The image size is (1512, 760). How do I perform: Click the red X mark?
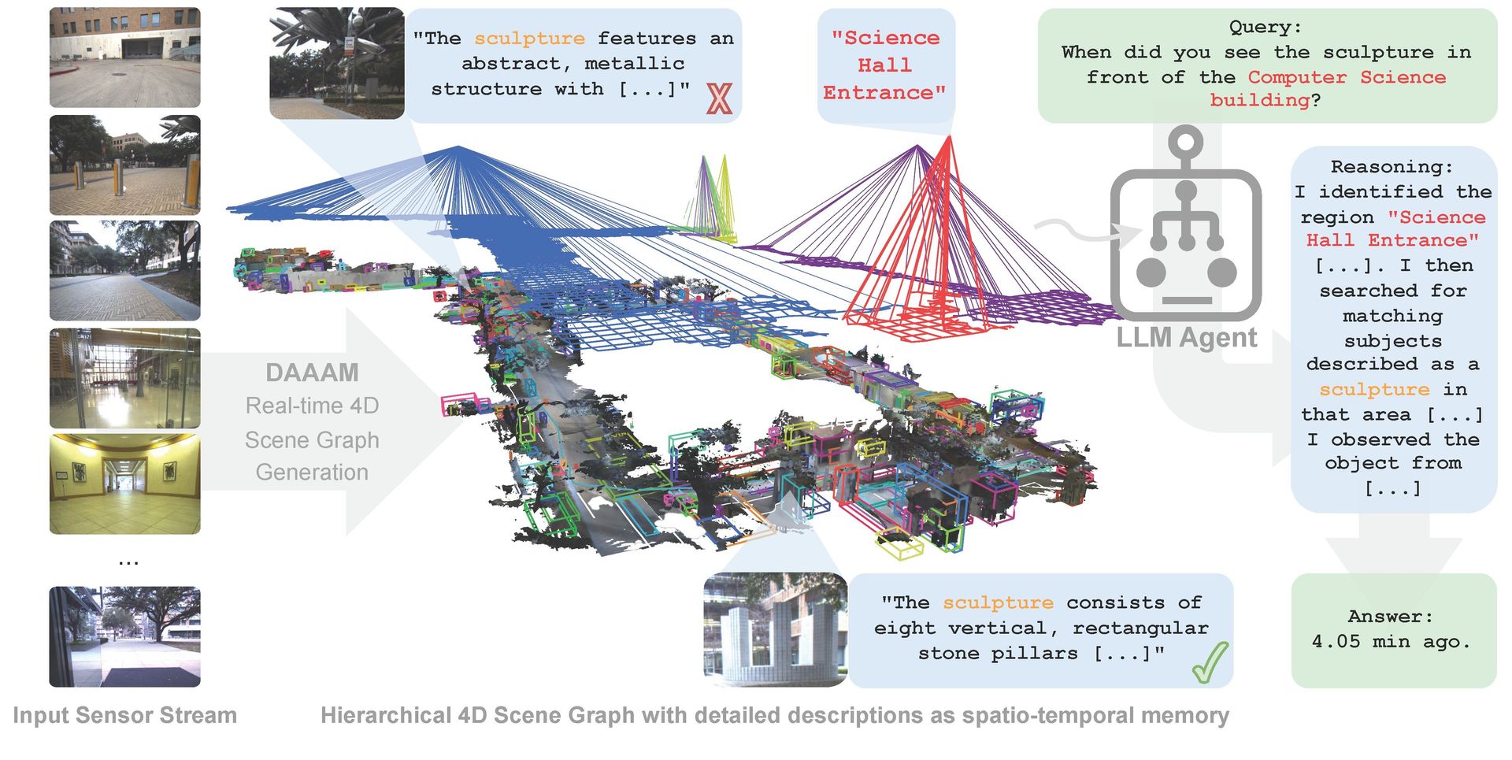[x=718, y=98]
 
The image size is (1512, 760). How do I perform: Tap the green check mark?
[x=1210, y=662]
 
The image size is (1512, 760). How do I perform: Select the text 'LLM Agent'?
[x=1186, y=338]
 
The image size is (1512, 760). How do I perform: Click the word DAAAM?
[x=312, y=373]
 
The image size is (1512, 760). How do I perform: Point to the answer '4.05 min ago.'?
[x=1392, y=642]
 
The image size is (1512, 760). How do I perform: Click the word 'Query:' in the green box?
[x=1266, y=27]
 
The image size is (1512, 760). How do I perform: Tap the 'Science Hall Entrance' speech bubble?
[x=885, y=65]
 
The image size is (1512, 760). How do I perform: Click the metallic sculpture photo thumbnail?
[x=337, y=63]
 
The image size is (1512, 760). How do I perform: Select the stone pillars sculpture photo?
[x=775, y=628]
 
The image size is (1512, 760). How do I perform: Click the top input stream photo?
[x=125, y=57]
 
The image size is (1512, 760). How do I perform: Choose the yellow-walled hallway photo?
[x=125, y=484]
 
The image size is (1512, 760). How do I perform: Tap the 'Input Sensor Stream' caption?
[x=124, y=715]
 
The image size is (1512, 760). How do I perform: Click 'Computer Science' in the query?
[x=1347, y=77]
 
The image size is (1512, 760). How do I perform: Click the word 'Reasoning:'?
[x=1392, y=167]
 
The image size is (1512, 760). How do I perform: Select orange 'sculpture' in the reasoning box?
[x=1374, y=390]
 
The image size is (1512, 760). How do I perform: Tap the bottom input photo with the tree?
[x=125, y=636]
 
